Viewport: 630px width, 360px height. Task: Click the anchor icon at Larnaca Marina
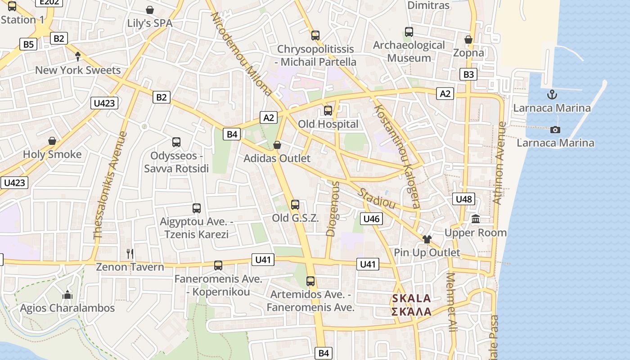[x=551, y=94]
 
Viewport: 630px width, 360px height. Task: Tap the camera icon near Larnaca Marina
[x=555, y=130]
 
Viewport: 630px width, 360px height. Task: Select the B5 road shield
[x=28, y=44]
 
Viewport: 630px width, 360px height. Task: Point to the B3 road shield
[x=468, y=74]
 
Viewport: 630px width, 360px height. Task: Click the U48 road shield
[x=464, y=199]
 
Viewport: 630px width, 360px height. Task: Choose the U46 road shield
[x=371, y=219]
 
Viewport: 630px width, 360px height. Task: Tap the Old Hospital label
[x=328, y=124]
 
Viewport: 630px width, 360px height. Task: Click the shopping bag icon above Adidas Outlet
[x=277, y=145]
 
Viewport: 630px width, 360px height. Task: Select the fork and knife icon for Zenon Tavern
[x=130, y=253]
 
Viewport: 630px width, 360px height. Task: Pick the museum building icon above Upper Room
[x=476, y=219]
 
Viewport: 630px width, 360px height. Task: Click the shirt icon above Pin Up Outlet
[x=427, y=239]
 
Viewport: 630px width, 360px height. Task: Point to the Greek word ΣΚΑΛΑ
[x=411, y=311]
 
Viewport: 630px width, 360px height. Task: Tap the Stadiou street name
[x=377, y=198]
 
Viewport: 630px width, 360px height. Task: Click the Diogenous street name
[x=332, y=209]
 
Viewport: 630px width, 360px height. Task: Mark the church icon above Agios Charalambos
[x=67, y=295]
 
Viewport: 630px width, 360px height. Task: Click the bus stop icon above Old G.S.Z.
[x=295, y=205]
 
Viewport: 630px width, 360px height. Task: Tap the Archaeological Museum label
[x=409, y=51]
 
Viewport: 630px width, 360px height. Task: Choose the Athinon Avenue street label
[x=499, y=163]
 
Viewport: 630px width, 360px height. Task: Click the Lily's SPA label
[x=149, y=23]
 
